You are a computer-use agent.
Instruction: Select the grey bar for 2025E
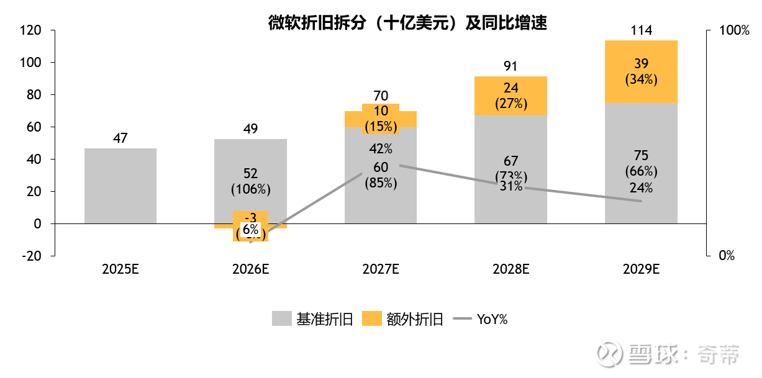pos(120,186)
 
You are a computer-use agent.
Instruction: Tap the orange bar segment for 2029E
pos(641,71)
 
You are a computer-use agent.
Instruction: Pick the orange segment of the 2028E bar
pos(510,96)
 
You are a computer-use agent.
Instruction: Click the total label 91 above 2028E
pos(510,65)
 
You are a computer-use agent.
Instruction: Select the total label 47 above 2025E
pos(120,138)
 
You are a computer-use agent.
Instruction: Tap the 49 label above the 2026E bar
pos(250,129)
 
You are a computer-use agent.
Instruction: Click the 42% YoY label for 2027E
pos(380,149)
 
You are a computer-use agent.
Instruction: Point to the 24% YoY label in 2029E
pos(641,187)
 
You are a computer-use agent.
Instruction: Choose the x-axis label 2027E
pos(380,269)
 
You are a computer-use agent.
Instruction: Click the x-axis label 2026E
pos(250,269)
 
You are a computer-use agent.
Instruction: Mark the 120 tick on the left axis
pos(30,30)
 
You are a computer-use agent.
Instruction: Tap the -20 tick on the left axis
pos(30,256)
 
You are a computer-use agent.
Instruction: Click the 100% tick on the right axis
pos(734,30)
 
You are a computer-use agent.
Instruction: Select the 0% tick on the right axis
pos(727,256)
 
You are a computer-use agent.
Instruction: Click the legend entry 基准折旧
pos(313,320)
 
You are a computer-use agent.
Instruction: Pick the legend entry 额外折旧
pos(402,320)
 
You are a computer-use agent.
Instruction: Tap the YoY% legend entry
pos(481,320)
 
